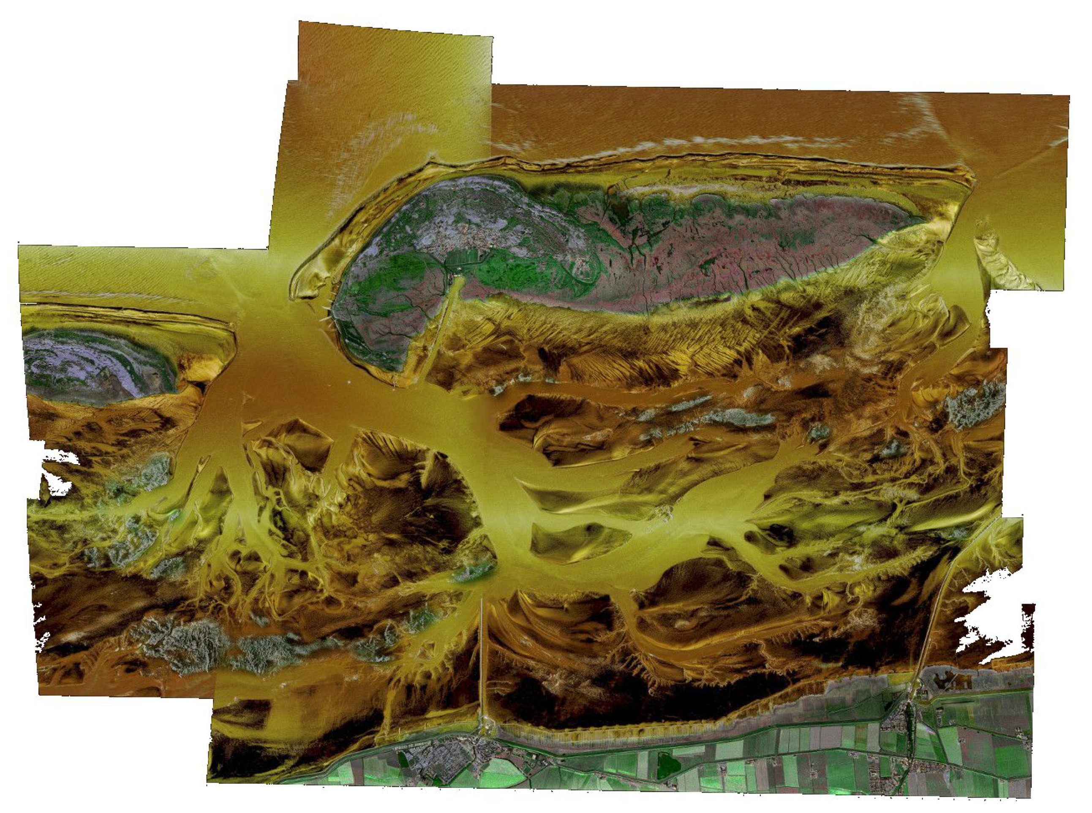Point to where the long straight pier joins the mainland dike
point(485,723)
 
